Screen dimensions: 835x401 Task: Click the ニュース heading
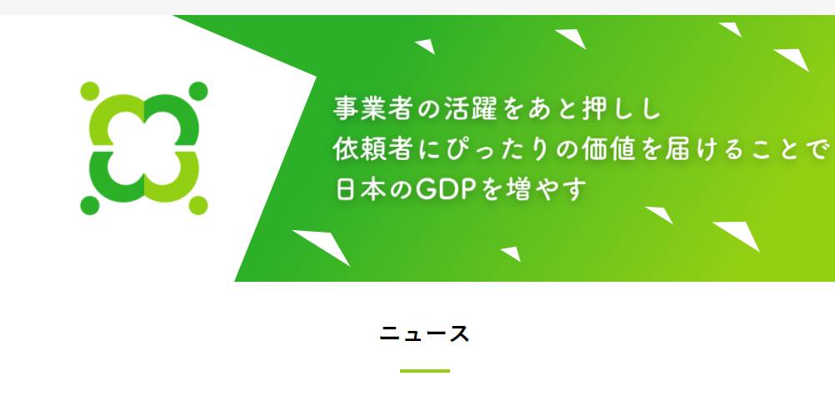[424, 333]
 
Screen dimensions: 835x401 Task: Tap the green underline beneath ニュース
[425, 371]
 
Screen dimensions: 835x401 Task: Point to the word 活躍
[472, 108]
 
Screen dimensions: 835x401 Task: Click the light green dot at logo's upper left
[89, 91]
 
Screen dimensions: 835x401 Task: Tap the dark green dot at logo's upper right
[198, 91]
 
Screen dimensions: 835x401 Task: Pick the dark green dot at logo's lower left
[89, 206]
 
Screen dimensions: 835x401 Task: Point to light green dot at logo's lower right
[198, 206]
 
